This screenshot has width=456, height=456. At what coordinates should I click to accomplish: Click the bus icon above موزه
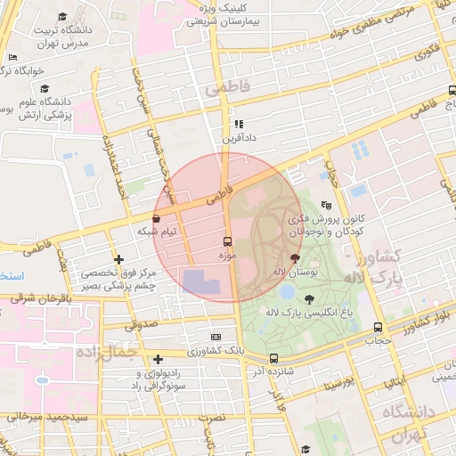tap(227, 241)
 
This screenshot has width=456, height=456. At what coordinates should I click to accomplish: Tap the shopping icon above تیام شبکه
tap(157, 217)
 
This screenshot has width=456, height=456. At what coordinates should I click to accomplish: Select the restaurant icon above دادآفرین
tap(238, 125)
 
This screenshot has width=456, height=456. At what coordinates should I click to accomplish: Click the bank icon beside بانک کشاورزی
tap(216, 338)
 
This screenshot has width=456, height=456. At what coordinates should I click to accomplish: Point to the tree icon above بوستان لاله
tap(296, 256)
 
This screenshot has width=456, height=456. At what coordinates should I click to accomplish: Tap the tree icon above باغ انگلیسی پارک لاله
tap(309, 299)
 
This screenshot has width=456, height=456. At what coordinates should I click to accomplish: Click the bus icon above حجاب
tap(379, 327)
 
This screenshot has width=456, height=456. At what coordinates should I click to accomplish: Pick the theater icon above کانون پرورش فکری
tap(325, 204)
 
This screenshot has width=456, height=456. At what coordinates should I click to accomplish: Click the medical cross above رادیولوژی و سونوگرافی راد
tap(158, 360)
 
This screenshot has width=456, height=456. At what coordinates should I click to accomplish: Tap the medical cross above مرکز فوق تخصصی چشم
tap(118, 259)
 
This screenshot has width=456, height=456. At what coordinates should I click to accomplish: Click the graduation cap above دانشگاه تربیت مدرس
tap(63, 17)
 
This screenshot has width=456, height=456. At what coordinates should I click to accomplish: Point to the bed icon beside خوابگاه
tap(12, 59)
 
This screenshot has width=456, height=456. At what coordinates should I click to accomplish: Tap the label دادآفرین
tap(238, 139)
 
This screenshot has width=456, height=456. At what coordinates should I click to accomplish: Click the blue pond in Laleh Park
tap(287, 289)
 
